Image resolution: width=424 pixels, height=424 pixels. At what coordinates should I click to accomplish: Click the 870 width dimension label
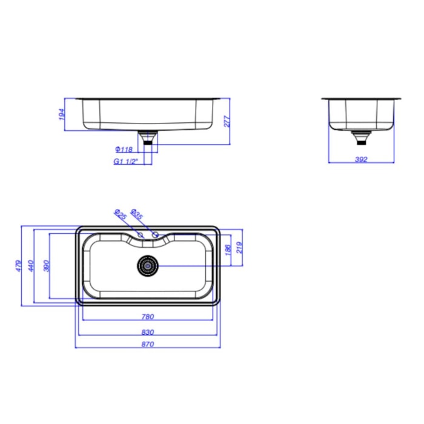click(148, 344)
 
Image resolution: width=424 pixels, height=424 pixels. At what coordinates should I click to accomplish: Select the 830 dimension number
click(148, 332)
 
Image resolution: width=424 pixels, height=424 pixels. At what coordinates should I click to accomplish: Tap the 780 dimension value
click(148, 317)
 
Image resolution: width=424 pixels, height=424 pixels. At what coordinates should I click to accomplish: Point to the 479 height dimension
click(18, 266)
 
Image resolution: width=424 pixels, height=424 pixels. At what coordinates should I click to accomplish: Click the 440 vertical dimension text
click(31, 266)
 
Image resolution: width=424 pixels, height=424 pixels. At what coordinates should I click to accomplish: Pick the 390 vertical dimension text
click(47, 266)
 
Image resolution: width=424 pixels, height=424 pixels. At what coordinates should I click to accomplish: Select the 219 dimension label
click(240, 247)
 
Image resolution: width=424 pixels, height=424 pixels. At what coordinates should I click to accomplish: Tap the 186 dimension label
click(228, 250)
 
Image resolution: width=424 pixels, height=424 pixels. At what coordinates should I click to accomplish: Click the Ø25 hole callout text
click(121, 214)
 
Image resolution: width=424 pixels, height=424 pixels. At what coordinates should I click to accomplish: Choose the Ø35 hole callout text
click(136, 214)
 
